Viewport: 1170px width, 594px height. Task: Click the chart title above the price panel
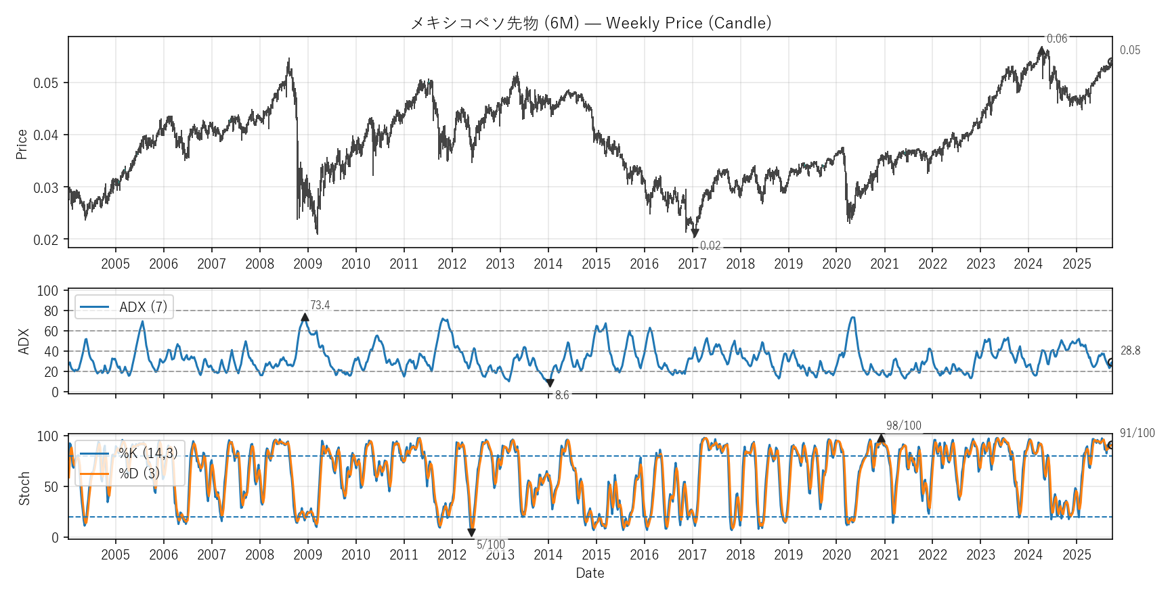(x=590, y=23)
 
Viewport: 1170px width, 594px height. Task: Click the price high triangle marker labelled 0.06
(x=1041, y=51)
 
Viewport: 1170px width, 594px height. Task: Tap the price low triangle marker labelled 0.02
(x=695, y=233)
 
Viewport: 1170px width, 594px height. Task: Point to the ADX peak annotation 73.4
(x=320, y=306)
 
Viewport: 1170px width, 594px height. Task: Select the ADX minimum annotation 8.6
(x=562, y=395)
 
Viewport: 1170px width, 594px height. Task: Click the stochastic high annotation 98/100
(x=904, y=426)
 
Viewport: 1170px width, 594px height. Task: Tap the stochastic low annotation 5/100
(x=491, y=545)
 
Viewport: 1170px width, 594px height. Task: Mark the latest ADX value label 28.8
(x=1130, y=350)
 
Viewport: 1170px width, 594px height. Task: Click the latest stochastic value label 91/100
(x=1137, y=433)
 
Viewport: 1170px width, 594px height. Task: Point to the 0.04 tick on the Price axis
(x=46, y=135)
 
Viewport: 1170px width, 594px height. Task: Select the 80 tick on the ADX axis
(x=51, y=311)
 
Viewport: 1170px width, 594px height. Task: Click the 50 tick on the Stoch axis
(x=51, y=486)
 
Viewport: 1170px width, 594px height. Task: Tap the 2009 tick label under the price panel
(x=307, y=264)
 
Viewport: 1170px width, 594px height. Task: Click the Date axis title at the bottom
(x=590, y=573)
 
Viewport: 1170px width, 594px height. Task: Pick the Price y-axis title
(x=22, y=144)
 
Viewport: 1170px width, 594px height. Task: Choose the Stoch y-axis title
(x=24, y=488)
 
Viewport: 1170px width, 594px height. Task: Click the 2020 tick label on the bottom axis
(x=836, y=555)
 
